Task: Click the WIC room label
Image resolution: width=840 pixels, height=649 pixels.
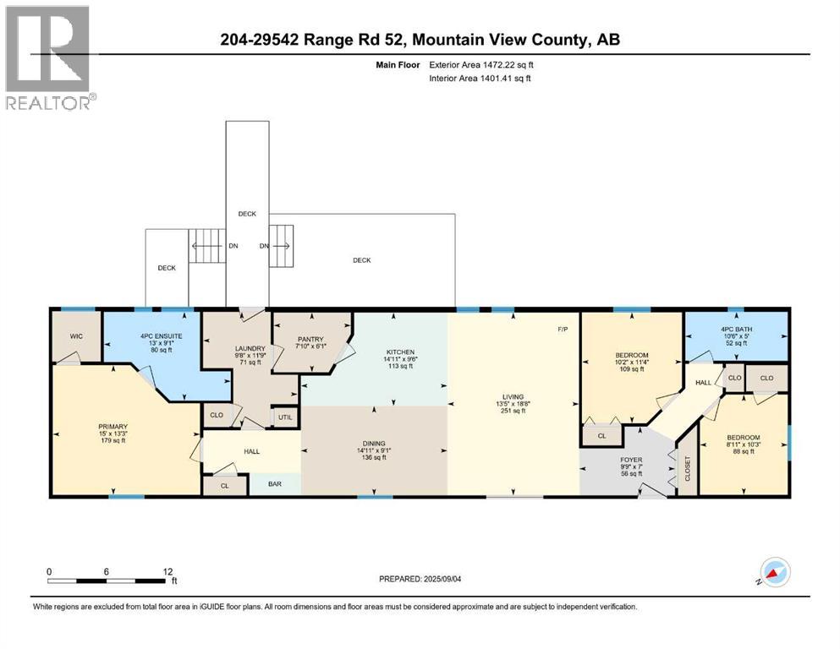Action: (75, 336)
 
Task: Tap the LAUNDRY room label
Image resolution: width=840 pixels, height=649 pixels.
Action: (250, 348)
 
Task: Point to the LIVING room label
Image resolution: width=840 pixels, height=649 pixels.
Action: (513, 396)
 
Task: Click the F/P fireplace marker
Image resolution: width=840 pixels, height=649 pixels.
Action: (562, 329)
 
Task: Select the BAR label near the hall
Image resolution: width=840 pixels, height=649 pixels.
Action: (274, 485)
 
